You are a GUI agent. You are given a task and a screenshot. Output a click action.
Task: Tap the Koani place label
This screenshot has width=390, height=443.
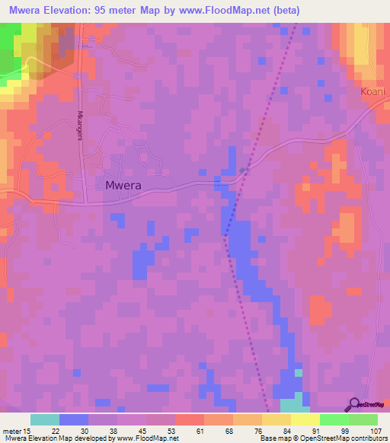[x=373, y=91]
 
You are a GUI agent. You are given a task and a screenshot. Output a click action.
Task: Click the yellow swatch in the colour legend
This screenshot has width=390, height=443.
[x=305, y=419]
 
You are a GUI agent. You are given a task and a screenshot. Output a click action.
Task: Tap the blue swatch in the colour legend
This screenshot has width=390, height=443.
[x=74, y=419]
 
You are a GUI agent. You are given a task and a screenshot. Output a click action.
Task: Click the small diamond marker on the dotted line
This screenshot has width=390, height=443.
[x=243, y=170]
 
